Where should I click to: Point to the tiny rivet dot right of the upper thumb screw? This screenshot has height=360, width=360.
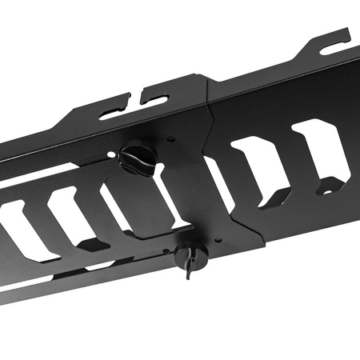171,139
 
